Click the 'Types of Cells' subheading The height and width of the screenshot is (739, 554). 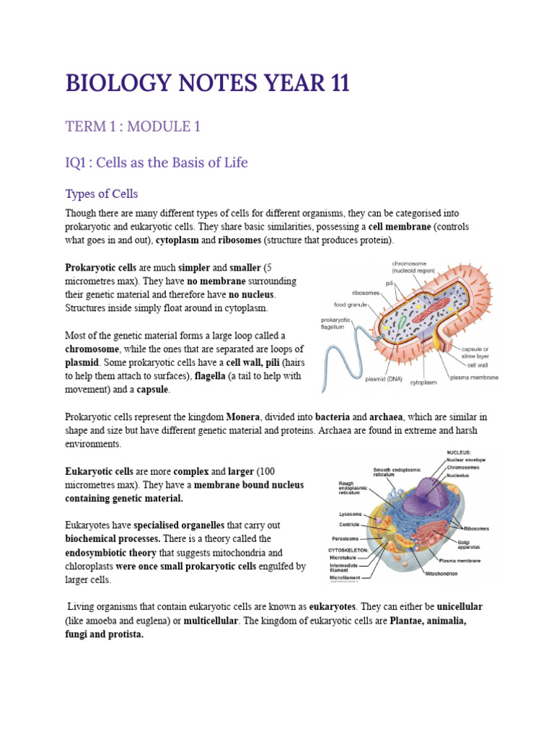click(x=101, y=194)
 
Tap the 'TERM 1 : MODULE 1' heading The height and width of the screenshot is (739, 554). click(x=133, y=127)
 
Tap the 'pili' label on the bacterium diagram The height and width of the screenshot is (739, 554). click(x=390, y=283)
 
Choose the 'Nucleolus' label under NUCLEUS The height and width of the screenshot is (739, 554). click(x=466, y=476)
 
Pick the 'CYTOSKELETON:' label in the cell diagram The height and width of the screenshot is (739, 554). click(x=348, y=549)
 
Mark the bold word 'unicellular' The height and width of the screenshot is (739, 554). click(x=457, y=606)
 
